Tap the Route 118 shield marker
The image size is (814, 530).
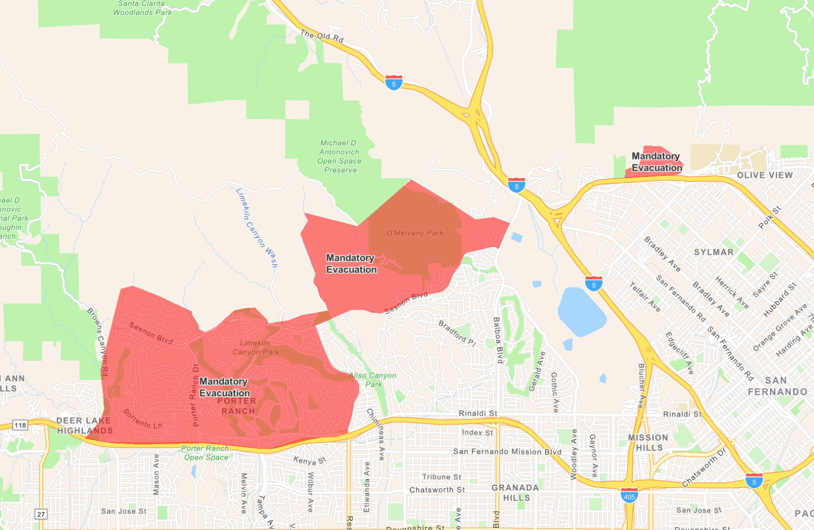(20, 425)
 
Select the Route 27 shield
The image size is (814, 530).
(41, 514)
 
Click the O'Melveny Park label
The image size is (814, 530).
(415, 233)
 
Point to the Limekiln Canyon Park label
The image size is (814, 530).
(256, 348)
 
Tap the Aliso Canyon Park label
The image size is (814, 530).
(373, 380)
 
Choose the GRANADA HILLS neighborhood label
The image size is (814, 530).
(515, 492)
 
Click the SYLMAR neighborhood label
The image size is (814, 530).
(714, 252)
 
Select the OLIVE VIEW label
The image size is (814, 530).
(765, 175)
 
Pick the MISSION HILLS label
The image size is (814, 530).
(648, 443)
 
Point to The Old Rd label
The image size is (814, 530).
(322, 36)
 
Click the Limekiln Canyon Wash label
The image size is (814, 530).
(257, 227)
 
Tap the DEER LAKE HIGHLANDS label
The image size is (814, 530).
(84, 426)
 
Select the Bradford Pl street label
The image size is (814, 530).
(457, 333)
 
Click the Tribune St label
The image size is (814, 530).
(442, 477)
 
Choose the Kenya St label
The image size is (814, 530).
(310, 460)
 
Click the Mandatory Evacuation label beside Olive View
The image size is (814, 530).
(656, 162)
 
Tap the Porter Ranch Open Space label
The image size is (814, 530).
(206, 453)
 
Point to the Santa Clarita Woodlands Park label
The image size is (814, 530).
(142, 8)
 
